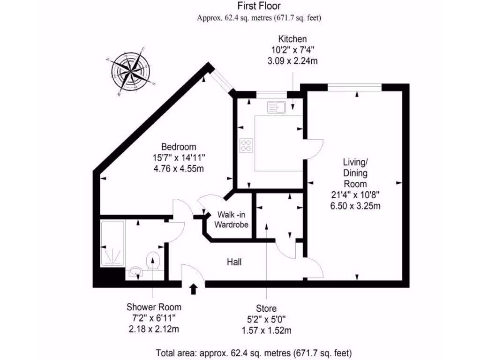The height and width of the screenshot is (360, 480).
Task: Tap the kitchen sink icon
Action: (276, 107)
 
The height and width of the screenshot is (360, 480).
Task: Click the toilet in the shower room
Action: (153, 261)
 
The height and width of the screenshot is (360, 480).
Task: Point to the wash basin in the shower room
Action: (135, 271)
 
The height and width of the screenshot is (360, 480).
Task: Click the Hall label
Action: (234, 262)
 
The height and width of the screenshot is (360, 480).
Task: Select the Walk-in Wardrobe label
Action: (231, 220)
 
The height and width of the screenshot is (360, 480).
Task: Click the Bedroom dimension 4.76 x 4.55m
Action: (179, 168)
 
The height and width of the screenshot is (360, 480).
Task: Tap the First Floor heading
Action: (259, 6)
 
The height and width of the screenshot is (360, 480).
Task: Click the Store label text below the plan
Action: (266, 308)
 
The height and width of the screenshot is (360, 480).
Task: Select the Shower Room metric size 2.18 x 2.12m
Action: (154, 329)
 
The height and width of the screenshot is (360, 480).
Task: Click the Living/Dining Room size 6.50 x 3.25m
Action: (355, 206)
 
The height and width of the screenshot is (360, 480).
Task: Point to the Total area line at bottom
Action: (254, 352)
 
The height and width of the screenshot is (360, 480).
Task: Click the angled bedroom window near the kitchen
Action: (222, 79)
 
